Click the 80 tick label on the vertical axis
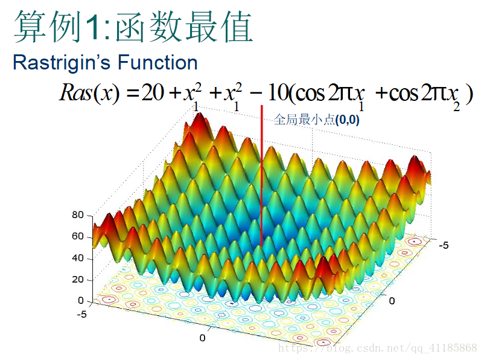click(77, 215)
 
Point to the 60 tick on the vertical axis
click(77, 236)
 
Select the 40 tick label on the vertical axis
click(77, 258)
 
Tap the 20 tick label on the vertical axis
click(77, 279)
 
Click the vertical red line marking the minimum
click(262, 176)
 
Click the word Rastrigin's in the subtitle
click(62, 63)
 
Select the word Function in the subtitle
click(158, 63)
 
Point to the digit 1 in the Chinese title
click(94, 27)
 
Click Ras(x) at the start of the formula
click(89, 92)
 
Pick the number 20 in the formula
click(153, 92)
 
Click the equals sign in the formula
click(133, 94)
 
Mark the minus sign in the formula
click(256, 93)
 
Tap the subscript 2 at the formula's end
click(456, 106)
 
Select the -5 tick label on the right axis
click(444, 245)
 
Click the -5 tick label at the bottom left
click(82, 315)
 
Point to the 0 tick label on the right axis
click(392, 301)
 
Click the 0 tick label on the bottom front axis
click(202, 338)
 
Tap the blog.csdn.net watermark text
click(378, 349)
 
